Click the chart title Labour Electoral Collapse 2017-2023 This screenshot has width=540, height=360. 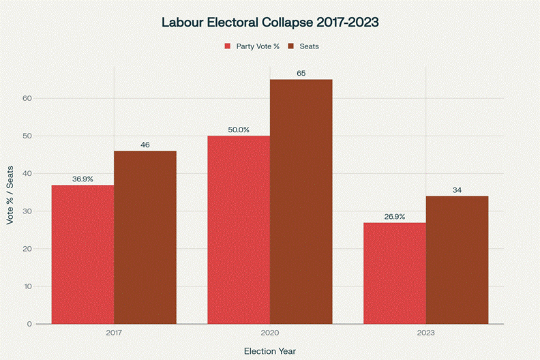click(x=270, y=22)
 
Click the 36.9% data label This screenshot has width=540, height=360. click(x=82, y=179)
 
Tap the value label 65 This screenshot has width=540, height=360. click(x=301, y=73)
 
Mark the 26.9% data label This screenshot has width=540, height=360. click(x=394, y=217)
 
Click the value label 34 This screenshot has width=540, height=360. click(x=457, y=190)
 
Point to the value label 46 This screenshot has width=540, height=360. click(x=145, y=145)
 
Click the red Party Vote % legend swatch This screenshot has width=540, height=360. click(x=228, y=46)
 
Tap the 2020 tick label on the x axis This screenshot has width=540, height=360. click(x=270, y=333)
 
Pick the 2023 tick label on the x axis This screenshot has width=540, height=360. click(x=425, y=333)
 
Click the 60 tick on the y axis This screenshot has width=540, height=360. click(x=27, y=98)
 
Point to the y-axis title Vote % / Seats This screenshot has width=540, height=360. click(x=10, y=196)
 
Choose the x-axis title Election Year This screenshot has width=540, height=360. click(x=270, y=350)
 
